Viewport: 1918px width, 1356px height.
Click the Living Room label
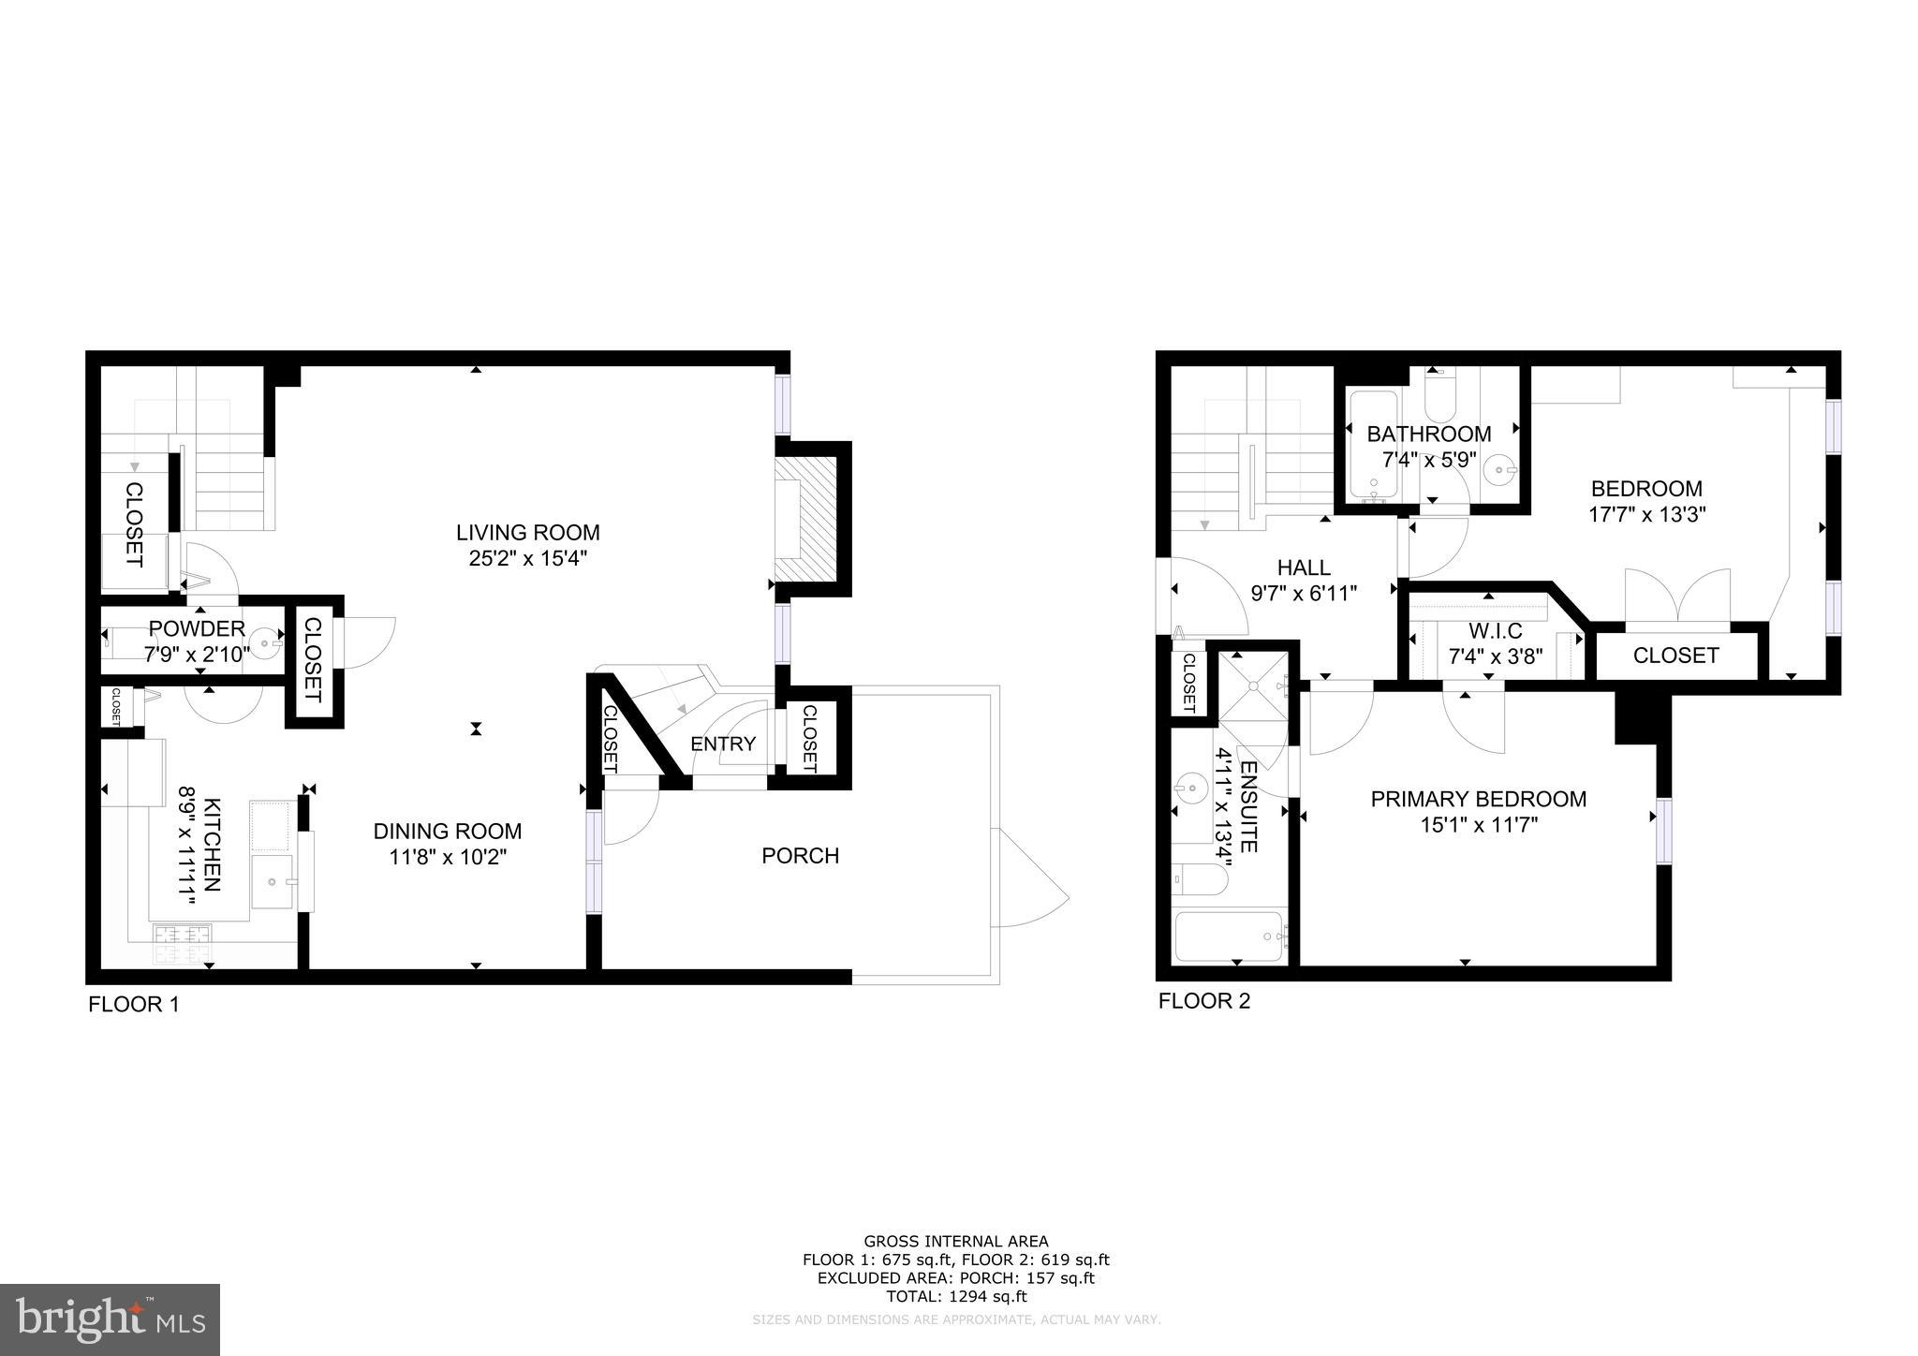527,533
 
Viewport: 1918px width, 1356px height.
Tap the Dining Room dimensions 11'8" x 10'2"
448,857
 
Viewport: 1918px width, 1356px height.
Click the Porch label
800,856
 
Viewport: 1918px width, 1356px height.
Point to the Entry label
722,744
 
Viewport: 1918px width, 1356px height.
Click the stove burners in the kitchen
184,943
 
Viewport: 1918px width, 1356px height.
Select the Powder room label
197,628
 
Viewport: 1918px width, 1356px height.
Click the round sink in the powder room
268,641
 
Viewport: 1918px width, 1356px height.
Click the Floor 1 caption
133,1005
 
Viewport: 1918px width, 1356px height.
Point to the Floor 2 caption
1203,1001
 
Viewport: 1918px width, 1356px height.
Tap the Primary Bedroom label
1478,799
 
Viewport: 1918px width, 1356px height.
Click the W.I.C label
1496,630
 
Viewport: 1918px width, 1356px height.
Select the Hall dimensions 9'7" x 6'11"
1304,593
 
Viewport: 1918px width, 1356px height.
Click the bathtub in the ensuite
1231,936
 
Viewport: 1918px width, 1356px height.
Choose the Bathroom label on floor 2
1428,435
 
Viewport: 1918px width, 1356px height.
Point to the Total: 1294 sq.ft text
955,1297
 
